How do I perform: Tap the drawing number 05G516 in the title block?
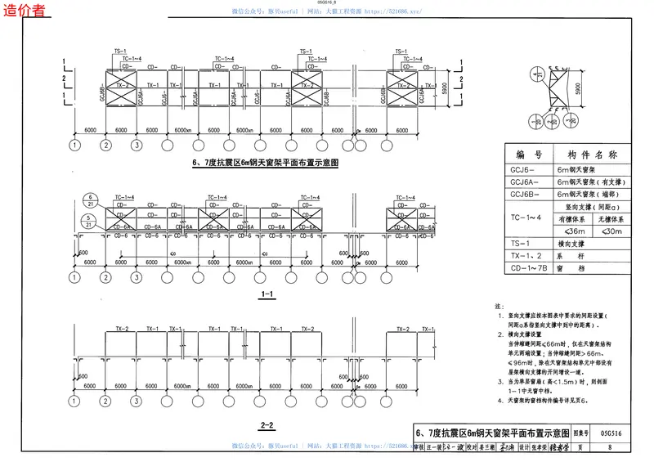coord(610,431)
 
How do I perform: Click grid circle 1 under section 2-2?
coord(75,402)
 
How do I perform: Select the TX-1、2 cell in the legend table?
coord(524,255)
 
